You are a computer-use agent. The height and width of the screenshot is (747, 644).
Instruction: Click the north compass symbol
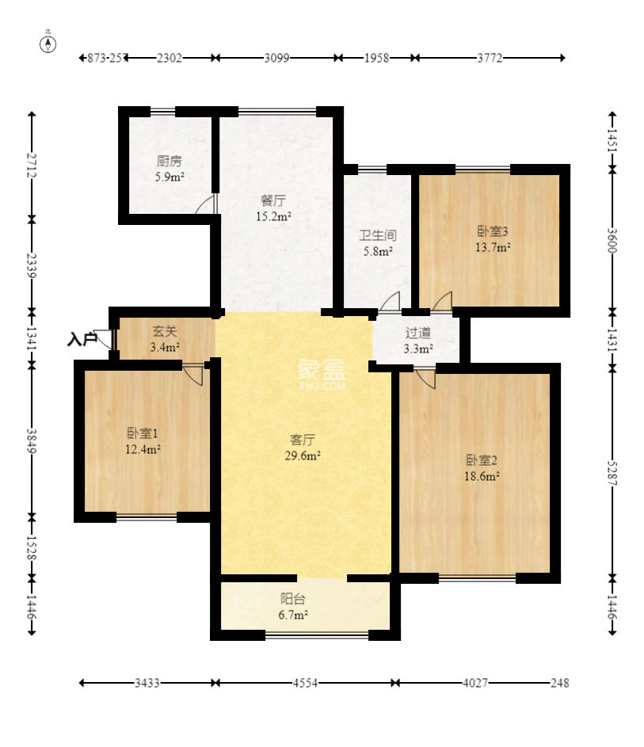pos(48,43)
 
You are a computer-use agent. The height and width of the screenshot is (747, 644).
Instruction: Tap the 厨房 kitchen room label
pos(169,161)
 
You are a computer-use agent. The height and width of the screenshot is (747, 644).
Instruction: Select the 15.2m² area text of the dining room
pos(273,216)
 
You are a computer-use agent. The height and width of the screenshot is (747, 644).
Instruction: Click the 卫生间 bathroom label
pos(378,234)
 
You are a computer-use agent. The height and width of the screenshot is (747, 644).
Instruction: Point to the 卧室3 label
pos(493,231)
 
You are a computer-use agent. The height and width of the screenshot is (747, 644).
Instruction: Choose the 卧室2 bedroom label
pos(482,460)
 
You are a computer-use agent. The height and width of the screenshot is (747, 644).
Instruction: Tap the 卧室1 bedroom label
pos(142,433)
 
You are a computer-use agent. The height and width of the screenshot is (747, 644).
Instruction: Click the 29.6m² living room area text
pos(303,456)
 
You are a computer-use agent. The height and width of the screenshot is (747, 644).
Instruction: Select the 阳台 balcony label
pos(292,599)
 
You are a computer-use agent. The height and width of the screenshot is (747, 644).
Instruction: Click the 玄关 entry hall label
pos(164,330)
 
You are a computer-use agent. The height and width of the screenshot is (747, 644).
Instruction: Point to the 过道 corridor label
pos(418,333)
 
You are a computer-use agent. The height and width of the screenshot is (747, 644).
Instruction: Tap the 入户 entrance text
pos(82,340)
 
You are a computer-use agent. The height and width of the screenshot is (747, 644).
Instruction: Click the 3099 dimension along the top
pos(276,58)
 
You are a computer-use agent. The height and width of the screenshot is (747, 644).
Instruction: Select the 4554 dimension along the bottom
pos(305,683)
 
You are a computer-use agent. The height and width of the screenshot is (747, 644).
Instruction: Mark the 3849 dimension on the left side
pos(32,440)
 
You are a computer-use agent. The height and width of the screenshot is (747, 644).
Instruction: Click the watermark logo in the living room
pos(322,375)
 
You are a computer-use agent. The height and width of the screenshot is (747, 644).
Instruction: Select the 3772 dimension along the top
pos(490,58)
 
